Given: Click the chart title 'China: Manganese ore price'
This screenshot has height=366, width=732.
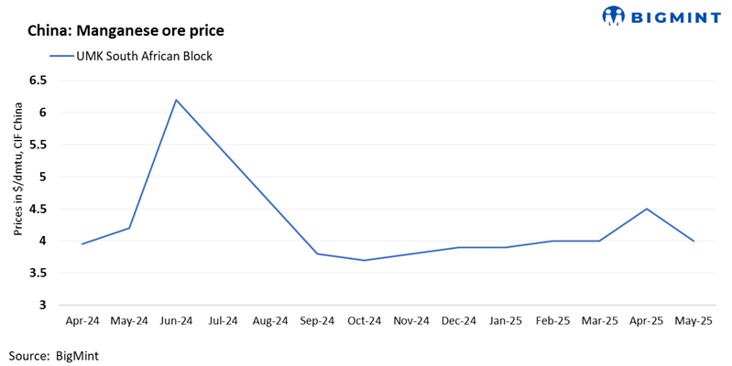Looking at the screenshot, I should click(126, 30).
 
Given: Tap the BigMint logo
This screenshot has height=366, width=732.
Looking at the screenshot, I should click(660, 16).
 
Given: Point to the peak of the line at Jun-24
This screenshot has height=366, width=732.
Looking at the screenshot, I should click(176, 100).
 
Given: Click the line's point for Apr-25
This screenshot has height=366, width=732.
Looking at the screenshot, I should click(647, 209).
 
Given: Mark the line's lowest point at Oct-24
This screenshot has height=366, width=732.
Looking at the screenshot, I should click(365, 260).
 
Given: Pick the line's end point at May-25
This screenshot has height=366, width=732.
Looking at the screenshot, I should click(694, 241).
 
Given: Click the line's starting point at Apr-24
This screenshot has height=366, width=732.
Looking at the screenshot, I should click(82, 244).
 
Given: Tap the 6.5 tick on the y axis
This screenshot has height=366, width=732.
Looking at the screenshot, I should click(38, 81).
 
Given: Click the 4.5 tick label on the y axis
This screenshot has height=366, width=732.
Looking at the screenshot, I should click(38, 209).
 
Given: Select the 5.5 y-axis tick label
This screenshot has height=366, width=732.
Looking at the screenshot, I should click(38, 145).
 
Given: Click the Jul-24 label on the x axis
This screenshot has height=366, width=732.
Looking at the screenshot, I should click(223, 321).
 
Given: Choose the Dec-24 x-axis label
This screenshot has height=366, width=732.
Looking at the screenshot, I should click(458, 321).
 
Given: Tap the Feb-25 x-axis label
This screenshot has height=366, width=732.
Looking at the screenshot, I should click(552, 321).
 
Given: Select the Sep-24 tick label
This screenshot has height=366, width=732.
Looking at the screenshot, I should click(317, 321).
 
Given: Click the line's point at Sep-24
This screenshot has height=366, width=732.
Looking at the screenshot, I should click(317, 253).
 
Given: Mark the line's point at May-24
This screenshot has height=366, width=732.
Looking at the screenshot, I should click(129, 228).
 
